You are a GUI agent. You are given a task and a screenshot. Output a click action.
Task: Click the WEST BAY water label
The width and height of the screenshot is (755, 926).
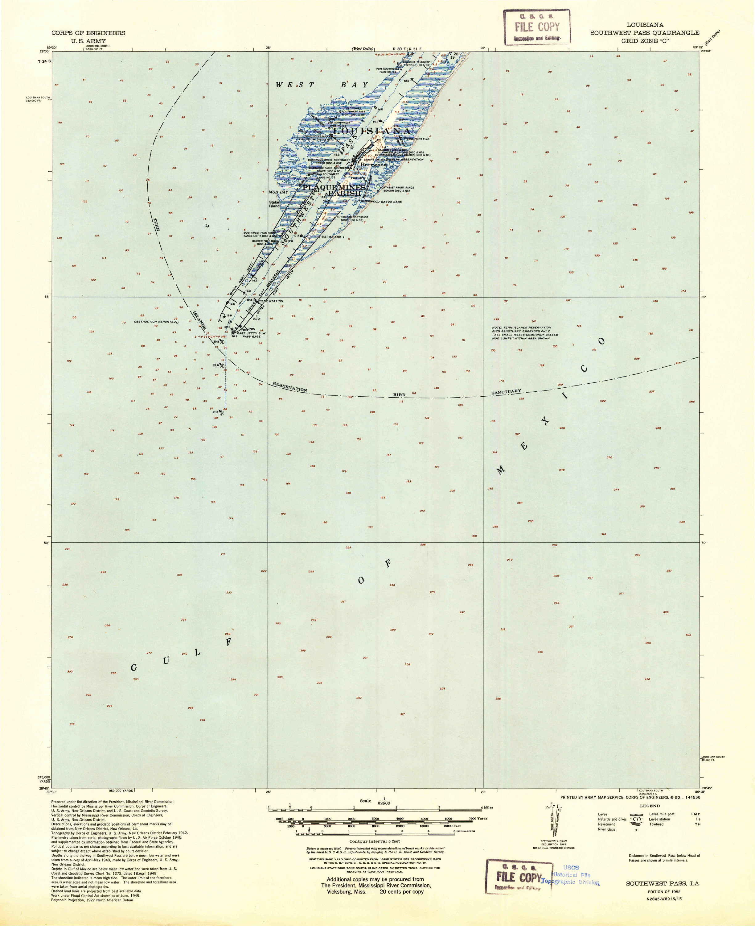pos(322,85)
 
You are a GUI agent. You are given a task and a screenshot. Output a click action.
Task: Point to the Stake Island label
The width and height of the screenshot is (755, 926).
pos(274,204)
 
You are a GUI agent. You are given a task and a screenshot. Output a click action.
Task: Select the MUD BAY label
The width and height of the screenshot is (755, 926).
pos(278,192)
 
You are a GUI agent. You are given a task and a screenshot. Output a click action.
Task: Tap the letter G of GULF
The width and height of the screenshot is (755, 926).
pos(134,668)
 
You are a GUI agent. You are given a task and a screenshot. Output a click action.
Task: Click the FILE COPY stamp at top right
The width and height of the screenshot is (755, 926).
pos(537,27)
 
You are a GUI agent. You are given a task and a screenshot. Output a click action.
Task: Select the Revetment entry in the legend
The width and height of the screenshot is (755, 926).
pos(606,824)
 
